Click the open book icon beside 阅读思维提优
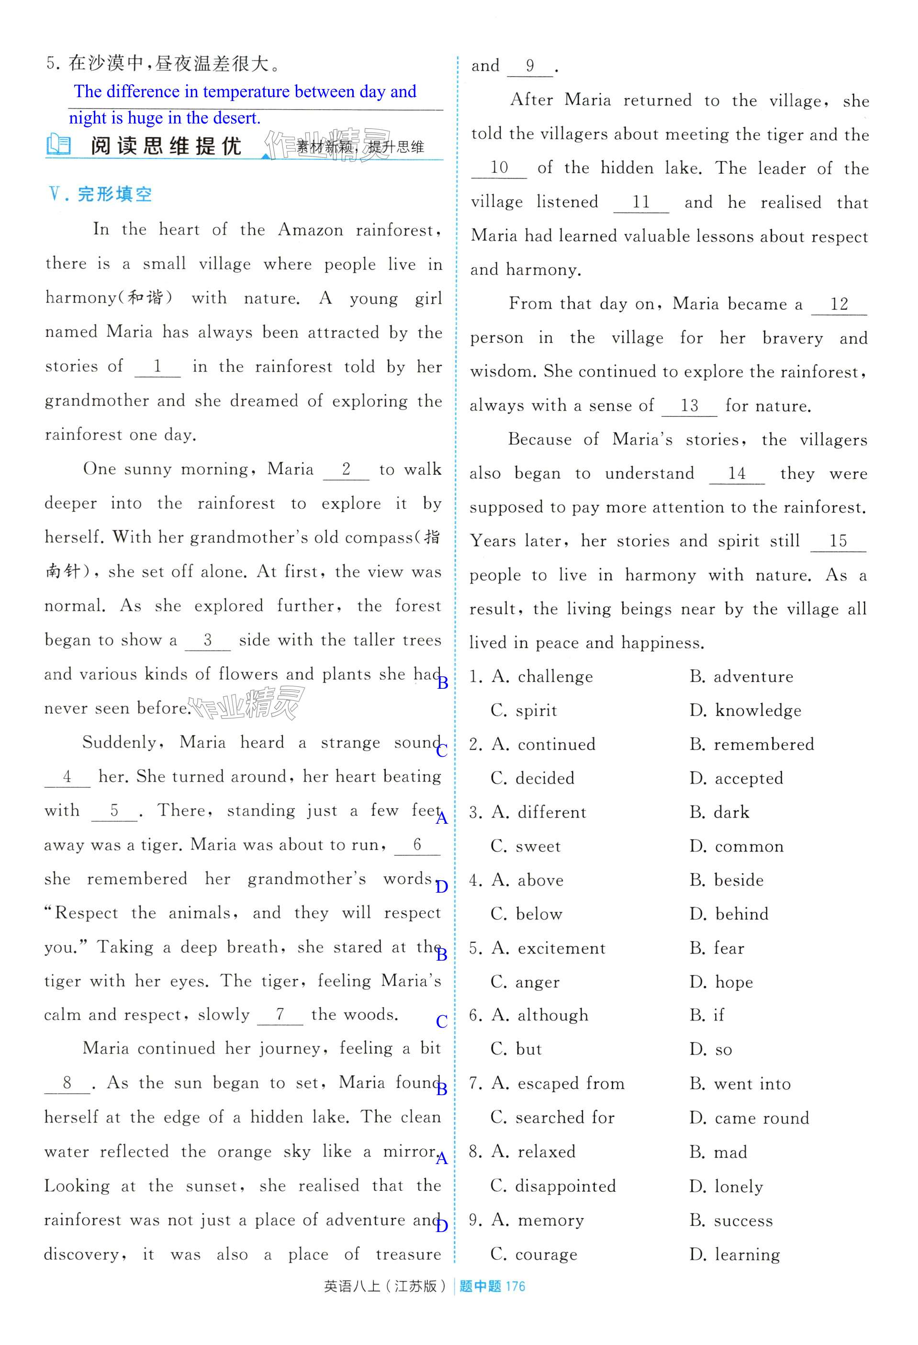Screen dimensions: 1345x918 58,145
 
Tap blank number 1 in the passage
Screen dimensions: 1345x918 157,368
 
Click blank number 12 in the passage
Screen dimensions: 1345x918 839,305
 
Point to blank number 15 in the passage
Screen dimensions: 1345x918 838,542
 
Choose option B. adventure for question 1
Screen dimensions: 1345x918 741,676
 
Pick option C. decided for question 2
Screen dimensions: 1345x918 533,778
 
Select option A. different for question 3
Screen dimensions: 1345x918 539,813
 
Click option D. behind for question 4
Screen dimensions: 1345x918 729,914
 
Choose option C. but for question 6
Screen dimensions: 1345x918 516,1050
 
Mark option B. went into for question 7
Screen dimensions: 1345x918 740,1084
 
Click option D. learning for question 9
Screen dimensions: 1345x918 735,1255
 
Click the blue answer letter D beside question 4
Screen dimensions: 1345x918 442,886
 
